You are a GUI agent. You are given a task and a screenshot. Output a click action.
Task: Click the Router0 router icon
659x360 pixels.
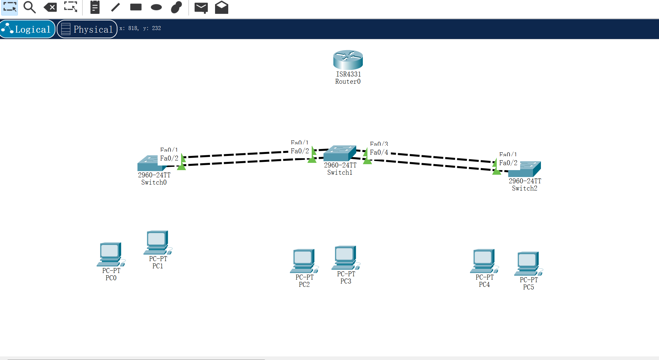348,59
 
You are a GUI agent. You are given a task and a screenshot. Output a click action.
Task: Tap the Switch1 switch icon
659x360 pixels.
339,153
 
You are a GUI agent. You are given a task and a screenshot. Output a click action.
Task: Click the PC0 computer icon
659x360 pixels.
110,254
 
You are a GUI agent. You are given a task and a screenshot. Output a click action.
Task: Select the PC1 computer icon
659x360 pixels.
157,242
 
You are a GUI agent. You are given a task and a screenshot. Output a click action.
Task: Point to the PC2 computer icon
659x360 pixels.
304,261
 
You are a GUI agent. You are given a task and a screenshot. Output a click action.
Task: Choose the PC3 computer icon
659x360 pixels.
345,257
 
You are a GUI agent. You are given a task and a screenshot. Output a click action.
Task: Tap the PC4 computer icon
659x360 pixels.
484,261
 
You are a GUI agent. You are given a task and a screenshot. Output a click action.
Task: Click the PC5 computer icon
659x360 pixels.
528,263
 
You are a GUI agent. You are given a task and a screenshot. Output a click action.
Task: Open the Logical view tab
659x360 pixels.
28,29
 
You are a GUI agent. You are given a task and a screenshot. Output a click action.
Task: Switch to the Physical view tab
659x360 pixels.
87,29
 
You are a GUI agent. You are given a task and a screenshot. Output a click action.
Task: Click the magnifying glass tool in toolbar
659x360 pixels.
29,7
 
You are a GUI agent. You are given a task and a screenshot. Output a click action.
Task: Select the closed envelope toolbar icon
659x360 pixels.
201,7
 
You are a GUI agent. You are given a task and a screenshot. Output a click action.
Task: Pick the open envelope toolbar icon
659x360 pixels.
222,7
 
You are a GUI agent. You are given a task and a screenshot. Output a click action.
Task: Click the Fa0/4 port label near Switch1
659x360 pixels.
379,152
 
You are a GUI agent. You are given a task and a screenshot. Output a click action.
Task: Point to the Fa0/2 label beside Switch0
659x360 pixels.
169,158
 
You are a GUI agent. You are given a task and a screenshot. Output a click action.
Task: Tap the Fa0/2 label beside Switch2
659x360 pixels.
508,163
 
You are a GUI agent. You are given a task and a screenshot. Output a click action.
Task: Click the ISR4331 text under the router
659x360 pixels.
348,74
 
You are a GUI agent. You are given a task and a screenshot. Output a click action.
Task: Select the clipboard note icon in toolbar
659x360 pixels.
95,7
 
